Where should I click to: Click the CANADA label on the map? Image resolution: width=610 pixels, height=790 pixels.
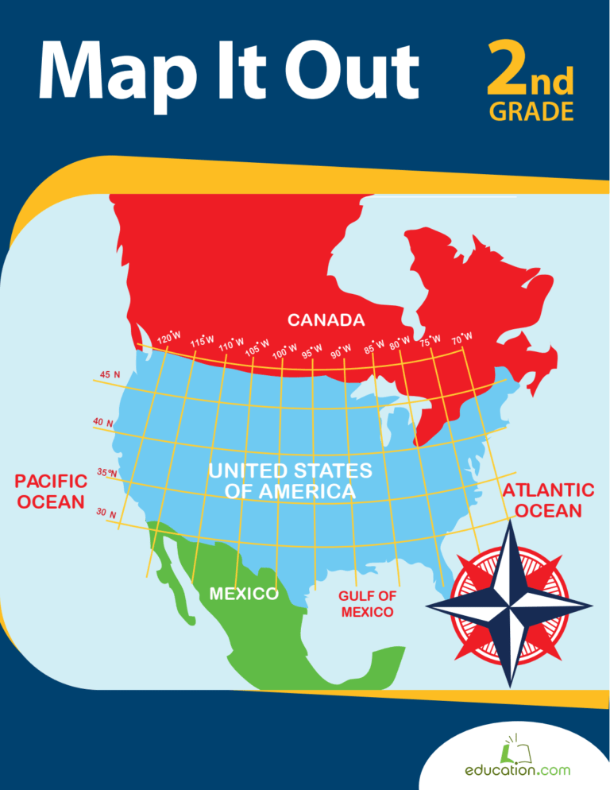(326, 320)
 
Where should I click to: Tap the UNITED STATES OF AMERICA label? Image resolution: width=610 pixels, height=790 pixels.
(290, 481)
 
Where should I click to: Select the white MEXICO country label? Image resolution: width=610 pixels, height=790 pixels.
(242, 594)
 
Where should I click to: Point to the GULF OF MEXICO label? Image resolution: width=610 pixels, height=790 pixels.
(367, 604)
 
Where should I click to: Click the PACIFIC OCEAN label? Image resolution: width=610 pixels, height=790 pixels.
(51, 491)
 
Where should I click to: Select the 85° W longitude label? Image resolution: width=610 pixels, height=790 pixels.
(374, 346)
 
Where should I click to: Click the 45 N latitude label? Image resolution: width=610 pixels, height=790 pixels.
(110, 374)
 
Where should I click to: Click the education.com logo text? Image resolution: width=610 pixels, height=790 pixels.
(517, 770)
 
